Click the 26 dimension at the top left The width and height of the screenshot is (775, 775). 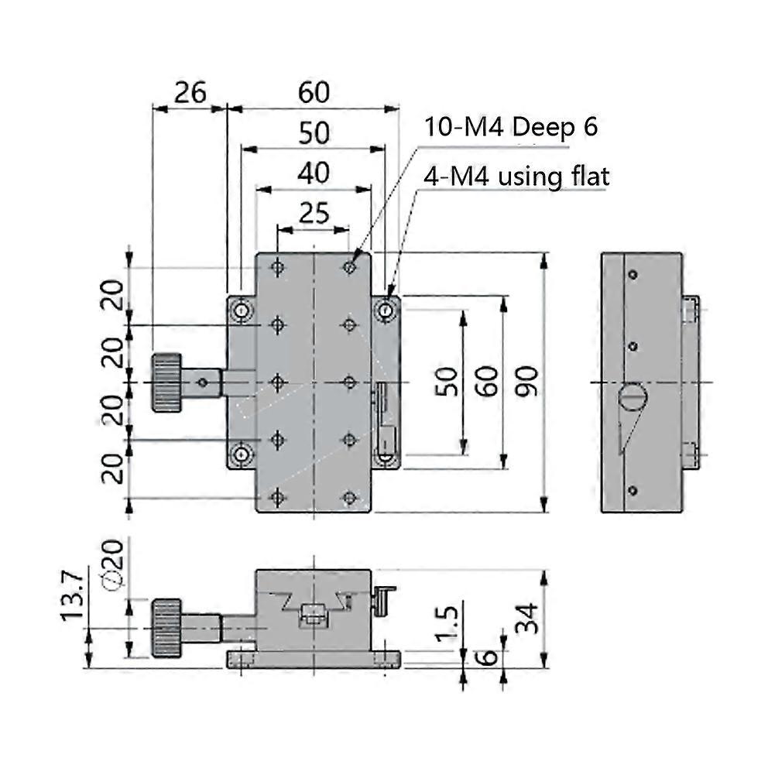pos(189,92)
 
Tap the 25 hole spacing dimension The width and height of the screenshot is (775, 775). pos(314,212)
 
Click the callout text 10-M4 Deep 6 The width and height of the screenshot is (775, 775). pos(510,127)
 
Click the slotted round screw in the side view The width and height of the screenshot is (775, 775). pos(633,397)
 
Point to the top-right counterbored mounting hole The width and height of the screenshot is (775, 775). pos(385,311)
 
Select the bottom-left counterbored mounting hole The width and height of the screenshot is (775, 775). pos(242,454)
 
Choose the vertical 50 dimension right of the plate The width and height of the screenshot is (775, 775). pos(448,382)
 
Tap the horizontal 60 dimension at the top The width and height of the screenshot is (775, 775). pos(314,92)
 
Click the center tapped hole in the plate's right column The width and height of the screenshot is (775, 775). pos(350,382)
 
